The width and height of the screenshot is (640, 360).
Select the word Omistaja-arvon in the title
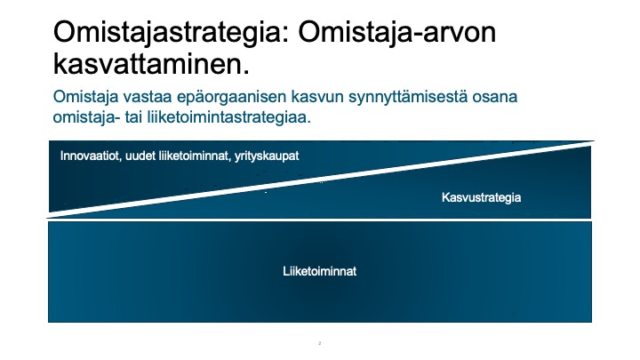point(396,32)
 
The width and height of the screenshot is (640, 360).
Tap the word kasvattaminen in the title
point(151,64)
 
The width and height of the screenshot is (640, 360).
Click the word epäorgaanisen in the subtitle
point(231,98)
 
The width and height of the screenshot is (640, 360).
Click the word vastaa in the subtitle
point(148,97)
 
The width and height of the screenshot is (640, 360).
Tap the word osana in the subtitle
point(495,97)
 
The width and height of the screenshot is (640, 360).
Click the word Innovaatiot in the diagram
point(91,156)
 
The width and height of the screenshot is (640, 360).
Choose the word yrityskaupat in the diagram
point(267,156)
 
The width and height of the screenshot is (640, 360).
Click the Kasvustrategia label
point(481,198)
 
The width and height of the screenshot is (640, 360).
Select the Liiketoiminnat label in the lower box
point(320,271)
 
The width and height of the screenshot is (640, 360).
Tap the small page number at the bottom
point(320,343)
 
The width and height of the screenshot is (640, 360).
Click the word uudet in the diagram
point(140,156)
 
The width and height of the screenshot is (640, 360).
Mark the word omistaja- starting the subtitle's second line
point(86,117)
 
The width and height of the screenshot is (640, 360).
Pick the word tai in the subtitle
point(133,117)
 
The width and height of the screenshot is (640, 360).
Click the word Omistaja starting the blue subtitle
point(85,97)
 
